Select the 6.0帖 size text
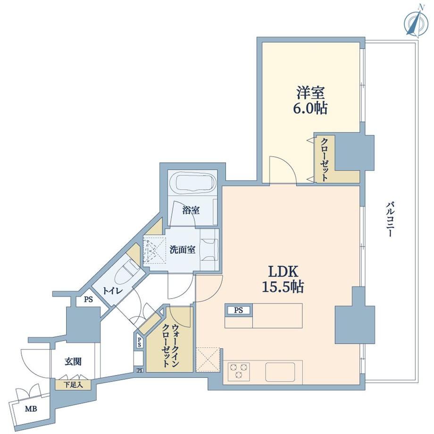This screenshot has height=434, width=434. [310, 108]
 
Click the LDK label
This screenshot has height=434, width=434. [284, 272]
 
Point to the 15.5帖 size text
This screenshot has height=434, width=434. [283, 287]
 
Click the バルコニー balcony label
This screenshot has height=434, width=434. [390, 220]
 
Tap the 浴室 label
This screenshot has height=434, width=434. [191, 210]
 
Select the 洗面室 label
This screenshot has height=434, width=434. [183, 250]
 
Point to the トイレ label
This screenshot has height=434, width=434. [113, 291]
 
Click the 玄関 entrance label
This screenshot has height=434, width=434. [73, 361]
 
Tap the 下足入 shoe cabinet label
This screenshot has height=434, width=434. [73, 384]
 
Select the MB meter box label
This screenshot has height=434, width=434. [31, 409]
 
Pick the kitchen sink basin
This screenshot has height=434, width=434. [280, 372]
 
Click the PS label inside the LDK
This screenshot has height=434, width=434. [238, 310]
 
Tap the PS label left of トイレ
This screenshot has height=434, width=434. [89, 299]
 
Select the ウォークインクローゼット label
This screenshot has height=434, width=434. [171, 345]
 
